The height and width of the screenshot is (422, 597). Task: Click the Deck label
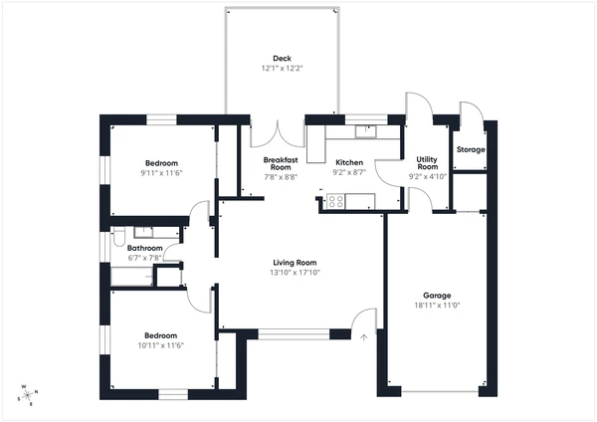[282, 58]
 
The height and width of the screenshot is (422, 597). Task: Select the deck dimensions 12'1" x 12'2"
[282, 69]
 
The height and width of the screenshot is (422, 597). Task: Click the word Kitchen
[349, 162]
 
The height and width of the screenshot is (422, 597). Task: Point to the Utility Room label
[428, 163]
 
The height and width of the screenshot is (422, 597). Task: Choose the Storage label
[471, 149]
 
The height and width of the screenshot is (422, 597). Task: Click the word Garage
[437, 296]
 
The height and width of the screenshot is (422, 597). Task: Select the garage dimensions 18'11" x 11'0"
[437, 306]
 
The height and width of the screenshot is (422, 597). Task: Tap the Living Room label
[295, 263]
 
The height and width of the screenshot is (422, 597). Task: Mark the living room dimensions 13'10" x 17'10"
[295, 273]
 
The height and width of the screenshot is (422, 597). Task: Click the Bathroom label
[145, 248]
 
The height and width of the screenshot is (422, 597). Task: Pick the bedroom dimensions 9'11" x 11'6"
[161, 173]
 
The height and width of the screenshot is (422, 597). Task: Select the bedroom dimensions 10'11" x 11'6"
[161, 345]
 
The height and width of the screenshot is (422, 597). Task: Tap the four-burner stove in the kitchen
[335, 202]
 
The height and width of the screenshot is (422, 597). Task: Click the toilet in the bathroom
[119, 238]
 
